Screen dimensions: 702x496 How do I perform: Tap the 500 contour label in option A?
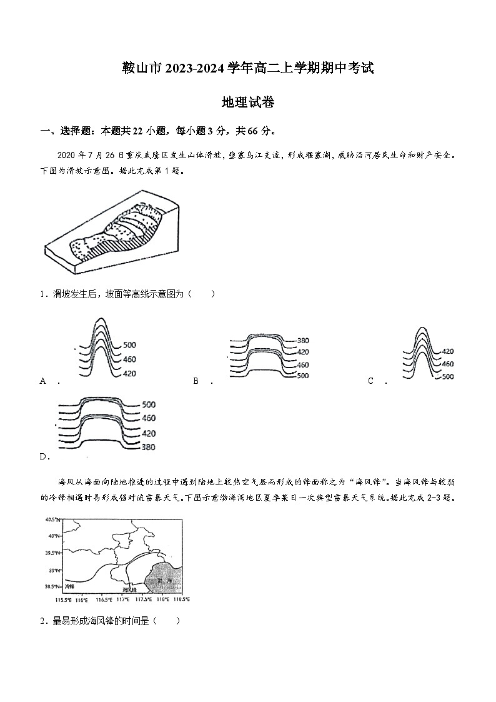(129, 345)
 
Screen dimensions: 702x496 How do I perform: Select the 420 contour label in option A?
(129, 373)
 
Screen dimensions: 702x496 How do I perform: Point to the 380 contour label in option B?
(303, 341)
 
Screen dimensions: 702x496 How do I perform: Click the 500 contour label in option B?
(303, 376)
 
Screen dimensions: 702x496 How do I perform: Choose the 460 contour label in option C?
(447, 364)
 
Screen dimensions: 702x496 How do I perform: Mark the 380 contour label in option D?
(148, 447)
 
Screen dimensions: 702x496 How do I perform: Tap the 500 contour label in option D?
(148, 404)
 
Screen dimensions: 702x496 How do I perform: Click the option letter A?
(43, 381)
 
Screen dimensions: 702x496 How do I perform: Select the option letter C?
(370, 381)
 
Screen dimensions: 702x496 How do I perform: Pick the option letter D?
(44, 456)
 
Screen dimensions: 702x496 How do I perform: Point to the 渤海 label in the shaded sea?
(164, 581)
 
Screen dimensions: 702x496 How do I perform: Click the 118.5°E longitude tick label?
(181, 599)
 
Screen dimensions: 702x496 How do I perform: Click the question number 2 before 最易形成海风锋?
(42, 621)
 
